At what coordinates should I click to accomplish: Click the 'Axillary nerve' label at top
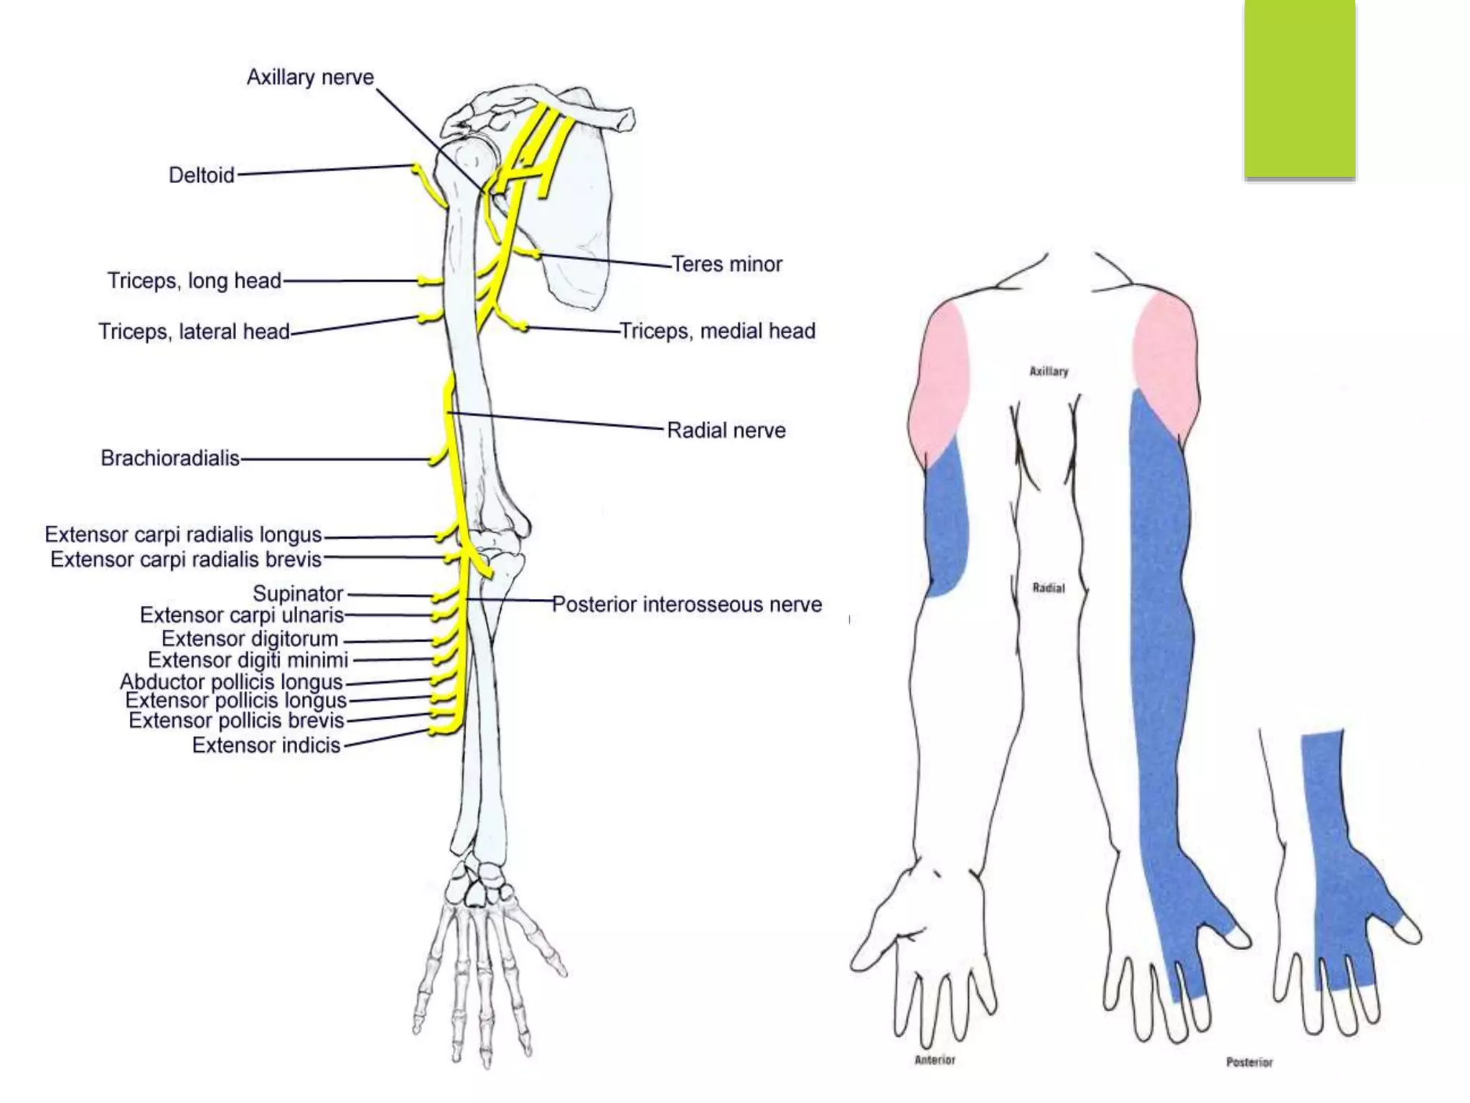click(310, 78)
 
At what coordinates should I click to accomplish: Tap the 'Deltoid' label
click(201, 175)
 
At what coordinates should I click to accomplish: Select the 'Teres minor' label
click(726, 264)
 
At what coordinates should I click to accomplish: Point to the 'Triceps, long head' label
click(194, 281)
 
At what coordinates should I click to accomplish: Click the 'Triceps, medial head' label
click(717, 331)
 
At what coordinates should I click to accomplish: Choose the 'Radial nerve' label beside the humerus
click(726, 430)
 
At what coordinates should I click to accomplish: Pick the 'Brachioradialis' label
click(170, 458)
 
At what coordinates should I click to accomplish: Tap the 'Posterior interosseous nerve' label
click(687, 605)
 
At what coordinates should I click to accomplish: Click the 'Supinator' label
click(298, 594)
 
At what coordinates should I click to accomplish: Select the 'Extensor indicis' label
click(266, 745)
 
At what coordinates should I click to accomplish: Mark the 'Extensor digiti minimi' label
click(248, 660)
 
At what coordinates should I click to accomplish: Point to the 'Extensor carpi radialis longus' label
click(183, 535)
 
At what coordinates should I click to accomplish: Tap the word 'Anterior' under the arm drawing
click(935, 1060)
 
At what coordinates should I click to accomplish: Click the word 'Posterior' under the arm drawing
click(1249, 1062)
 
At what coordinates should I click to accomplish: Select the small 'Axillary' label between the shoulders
click(1049, 371)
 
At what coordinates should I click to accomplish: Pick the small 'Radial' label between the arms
click(1049, 588)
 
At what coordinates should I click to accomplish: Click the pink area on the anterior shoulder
click(938, 381)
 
